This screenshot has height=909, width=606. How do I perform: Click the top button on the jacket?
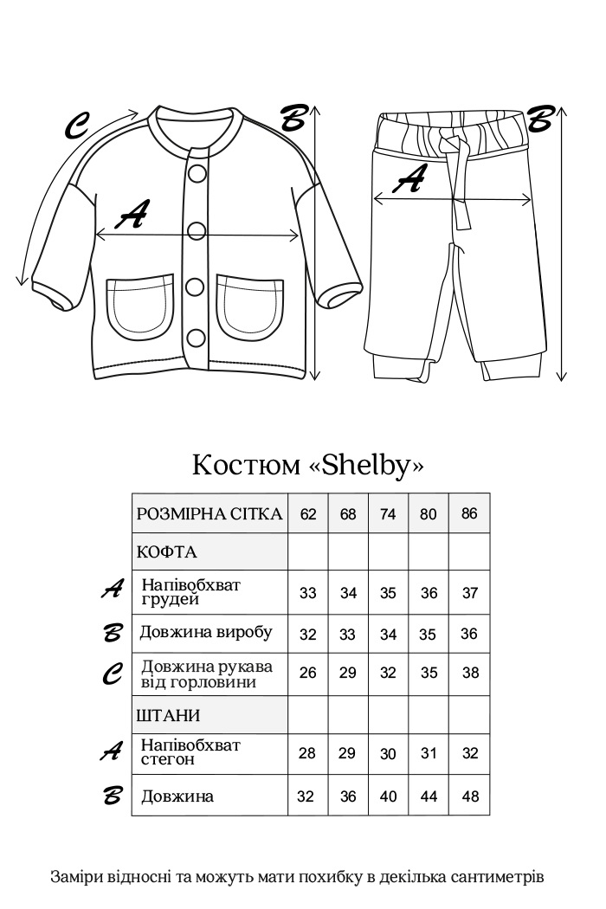[197, 172]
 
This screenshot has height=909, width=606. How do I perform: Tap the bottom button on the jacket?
[197, 338]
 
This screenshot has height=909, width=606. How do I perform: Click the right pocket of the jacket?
[250, 307]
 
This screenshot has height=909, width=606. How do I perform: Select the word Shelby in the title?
[366, 465]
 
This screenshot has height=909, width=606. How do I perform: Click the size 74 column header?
[388, 513]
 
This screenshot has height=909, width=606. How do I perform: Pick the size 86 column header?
[469, 513]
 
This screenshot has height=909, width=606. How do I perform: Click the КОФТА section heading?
[167, 551]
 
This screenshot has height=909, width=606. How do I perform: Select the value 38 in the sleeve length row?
[470, 673]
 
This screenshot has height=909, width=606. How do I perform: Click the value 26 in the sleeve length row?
[307, 673]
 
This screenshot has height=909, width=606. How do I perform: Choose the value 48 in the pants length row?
[470, 796]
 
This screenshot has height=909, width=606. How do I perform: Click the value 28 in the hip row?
[307, 753]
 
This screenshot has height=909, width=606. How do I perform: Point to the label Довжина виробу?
[206, 632]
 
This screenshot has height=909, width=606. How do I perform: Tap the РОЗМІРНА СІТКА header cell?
[210, 513]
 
